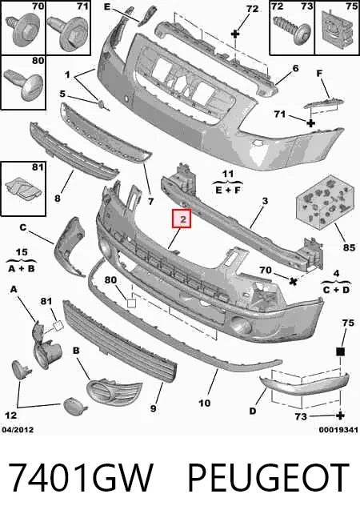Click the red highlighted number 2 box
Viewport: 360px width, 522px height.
182,219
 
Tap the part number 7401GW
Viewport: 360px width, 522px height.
80,477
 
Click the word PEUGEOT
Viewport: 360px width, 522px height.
268,477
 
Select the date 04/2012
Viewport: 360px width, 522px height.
18,430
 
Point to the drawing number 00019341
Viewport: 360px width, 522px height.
338,430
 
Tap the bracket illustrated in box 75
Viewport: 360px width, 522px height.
338,27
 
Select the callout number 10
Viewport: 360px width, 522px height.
204,404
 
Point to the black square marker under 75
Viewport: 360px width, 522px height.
340,351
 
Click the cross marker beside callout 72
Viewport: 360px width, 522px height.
235,34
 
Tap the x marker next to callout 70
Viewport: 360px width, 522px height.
293,281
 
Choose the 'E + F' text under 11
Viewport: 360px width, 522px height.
228,191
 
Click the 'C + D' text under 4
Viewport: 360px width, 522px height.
336,290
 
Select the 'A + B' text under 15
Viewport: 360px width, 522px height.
21,268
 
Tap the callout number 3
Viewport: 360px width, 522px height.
265,201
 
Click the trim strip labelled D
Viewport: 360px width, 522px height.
304,384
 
